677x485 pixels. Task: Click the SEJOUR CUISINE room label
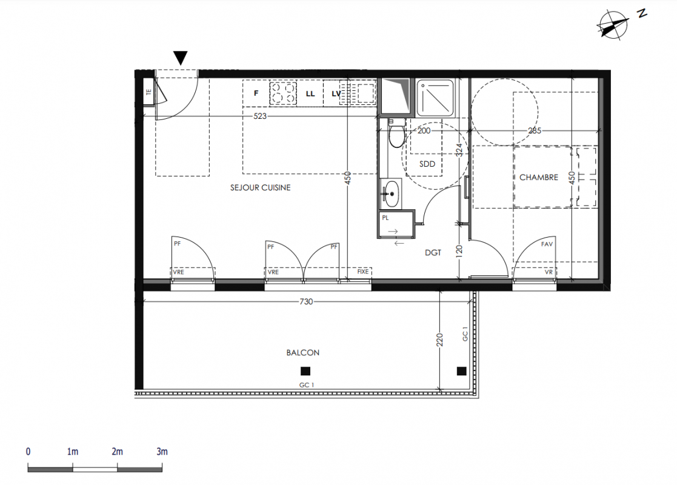(261, 187)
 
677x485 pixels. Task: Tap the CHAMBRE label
(538, 177)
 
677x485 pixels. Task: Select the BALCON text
(302, 352)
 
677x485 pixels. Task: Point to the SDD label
(427, 164)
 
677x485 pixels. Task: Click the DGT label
(433, 253)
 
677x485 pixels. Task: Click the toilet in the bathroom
(396, 133)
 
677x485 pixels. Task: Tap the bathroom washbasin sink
(392, 194)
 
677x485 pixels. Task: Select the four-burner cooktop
(283, 93)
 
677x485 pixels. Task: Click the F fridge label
(256, 93)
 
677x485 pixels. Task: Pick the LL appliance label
(310, 94)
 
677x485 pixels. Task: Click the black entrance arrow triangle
(181, 58)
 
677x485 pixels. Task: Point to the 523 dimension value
(260, 116)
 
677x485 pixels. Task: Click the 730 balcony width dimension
(306, 301)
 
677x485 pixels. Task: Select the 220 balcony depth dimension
(439, 340)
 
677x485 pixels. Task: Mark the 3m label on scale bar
(162, 451)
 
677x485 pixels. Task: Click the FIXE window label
(362, 272)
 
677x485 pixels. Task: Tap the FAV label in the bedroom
(547, 244)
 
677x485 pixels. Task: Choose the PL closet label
(385, 218)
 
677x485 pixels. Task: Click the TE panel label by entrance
(149, 92)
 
